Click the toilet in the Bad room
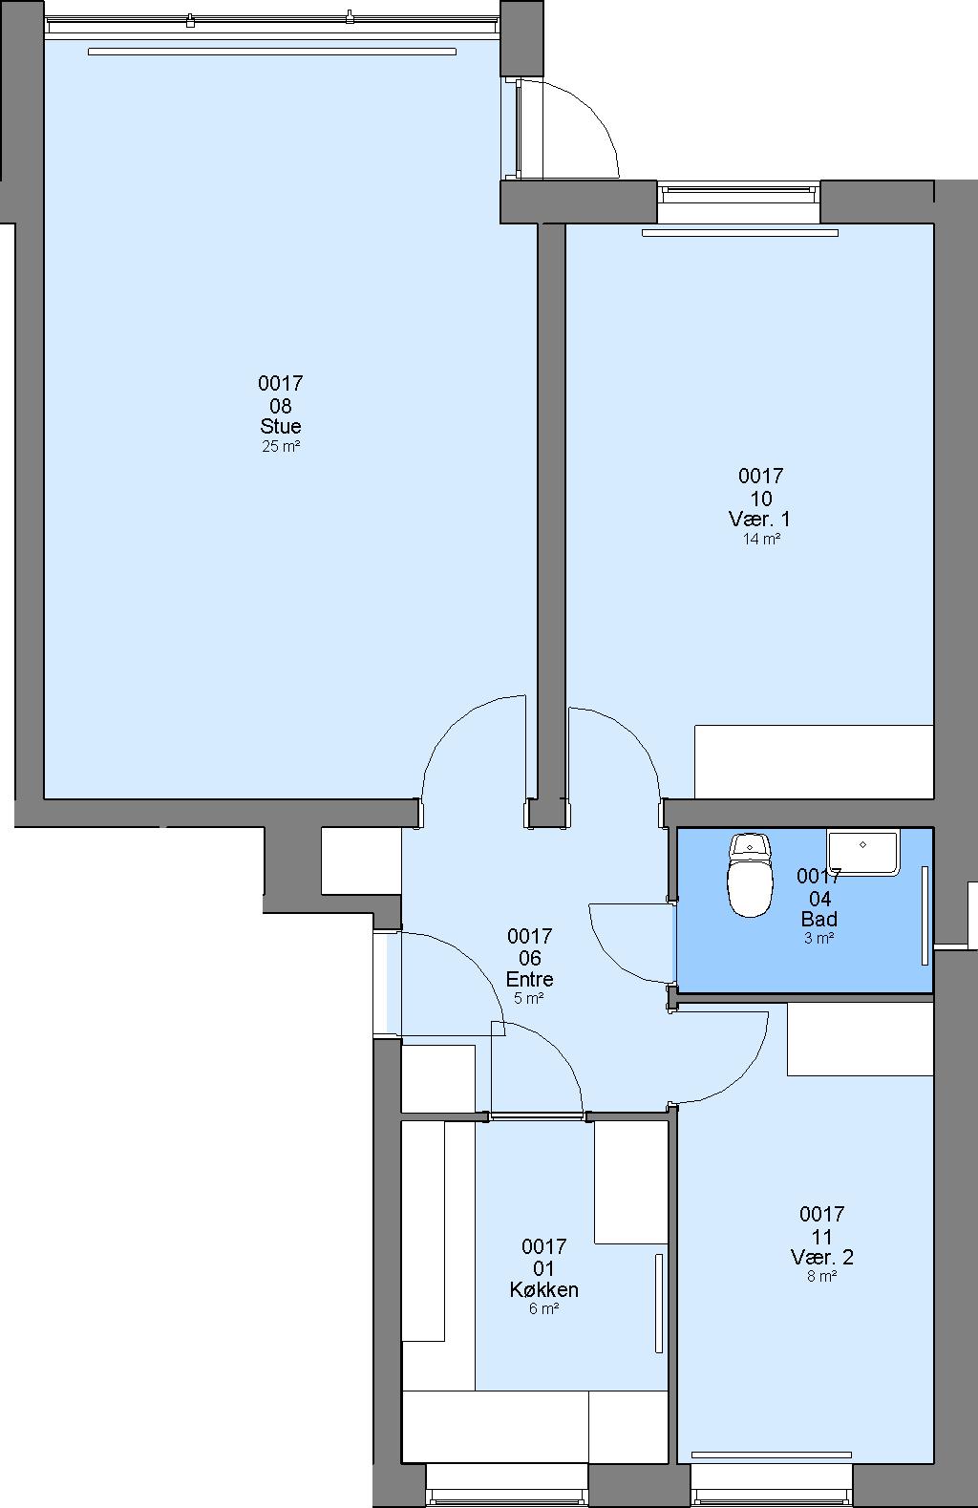click(749, 875)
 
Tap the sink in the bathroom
click(862, 852)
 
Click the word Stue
click(281, 426)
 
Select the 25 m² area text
click(281, 446)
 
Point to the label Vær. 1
click(760, 519)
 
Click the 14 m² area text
click(761, 540)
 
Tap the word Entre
click(530, 979)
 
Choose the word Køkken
click(543, 1289)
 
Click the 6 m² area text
click(543, 1308)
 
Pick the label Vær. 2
click(821, 1257)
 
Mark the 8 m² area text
click(821, 1276)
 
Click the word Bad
click(819, 919)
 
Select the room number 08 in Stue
click(281, 406)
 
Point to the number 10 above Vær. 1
click(761, 499)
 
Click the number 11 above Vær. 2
click(821, 1237)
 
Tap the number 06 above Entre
click(530, 958)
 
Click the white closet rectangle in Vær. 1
click(814, 762)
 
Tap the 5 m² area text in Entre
click(529, 998)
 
